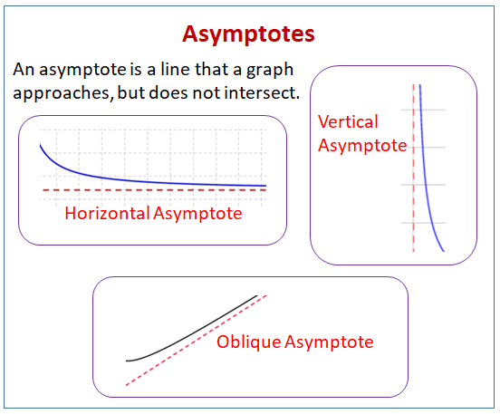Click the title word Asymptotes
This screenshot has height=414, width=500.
(x=248, y=34)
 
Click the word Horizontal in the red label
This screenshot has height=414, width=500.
(x=108, y=213)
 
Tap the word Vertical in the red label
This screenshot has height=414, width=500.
(x=348, y=121)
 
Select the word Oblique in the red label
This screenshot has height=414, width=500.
(x=249, y=342)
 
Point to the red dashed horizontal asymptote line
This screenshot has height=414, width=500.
(x=155, y=190)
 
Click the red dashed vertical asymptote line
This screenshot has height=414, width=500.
(x=414, y=168)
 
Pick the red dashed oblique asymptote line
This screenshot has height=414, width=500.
(x=197, y=341)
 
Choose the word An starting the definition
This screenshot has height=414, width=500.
(x=24, y=69)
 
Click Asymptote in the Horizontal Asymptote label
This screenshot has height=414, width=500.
(x=197, y=214)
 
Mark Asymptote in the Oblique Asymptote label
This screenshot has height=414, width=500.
(x=329, y=342)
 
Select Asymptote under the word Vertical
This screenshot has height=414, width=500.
(x=362, y=146)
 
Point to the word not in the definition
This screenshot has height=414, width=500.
(x=207, y=93)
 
